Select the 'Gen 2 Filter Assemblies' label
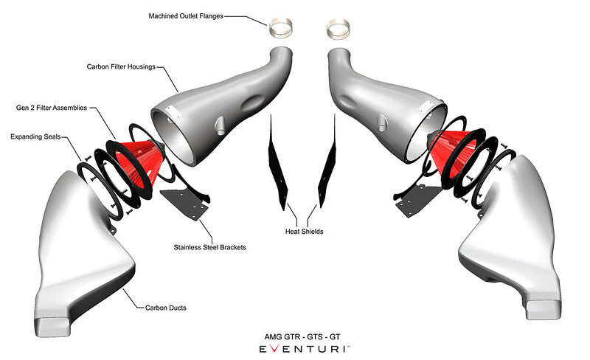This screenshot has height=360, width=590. pyautogui.click(x=52, y=108)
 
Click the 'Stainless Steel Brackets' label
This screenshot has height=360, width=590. pyautogui.click(x=209, y=247)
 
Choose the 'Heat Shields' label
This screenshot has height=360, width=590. pyautogui.click(x=302, y=231)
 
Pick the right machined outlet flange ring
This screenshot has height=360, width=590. pyautogui.click(x=339, y=31)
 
